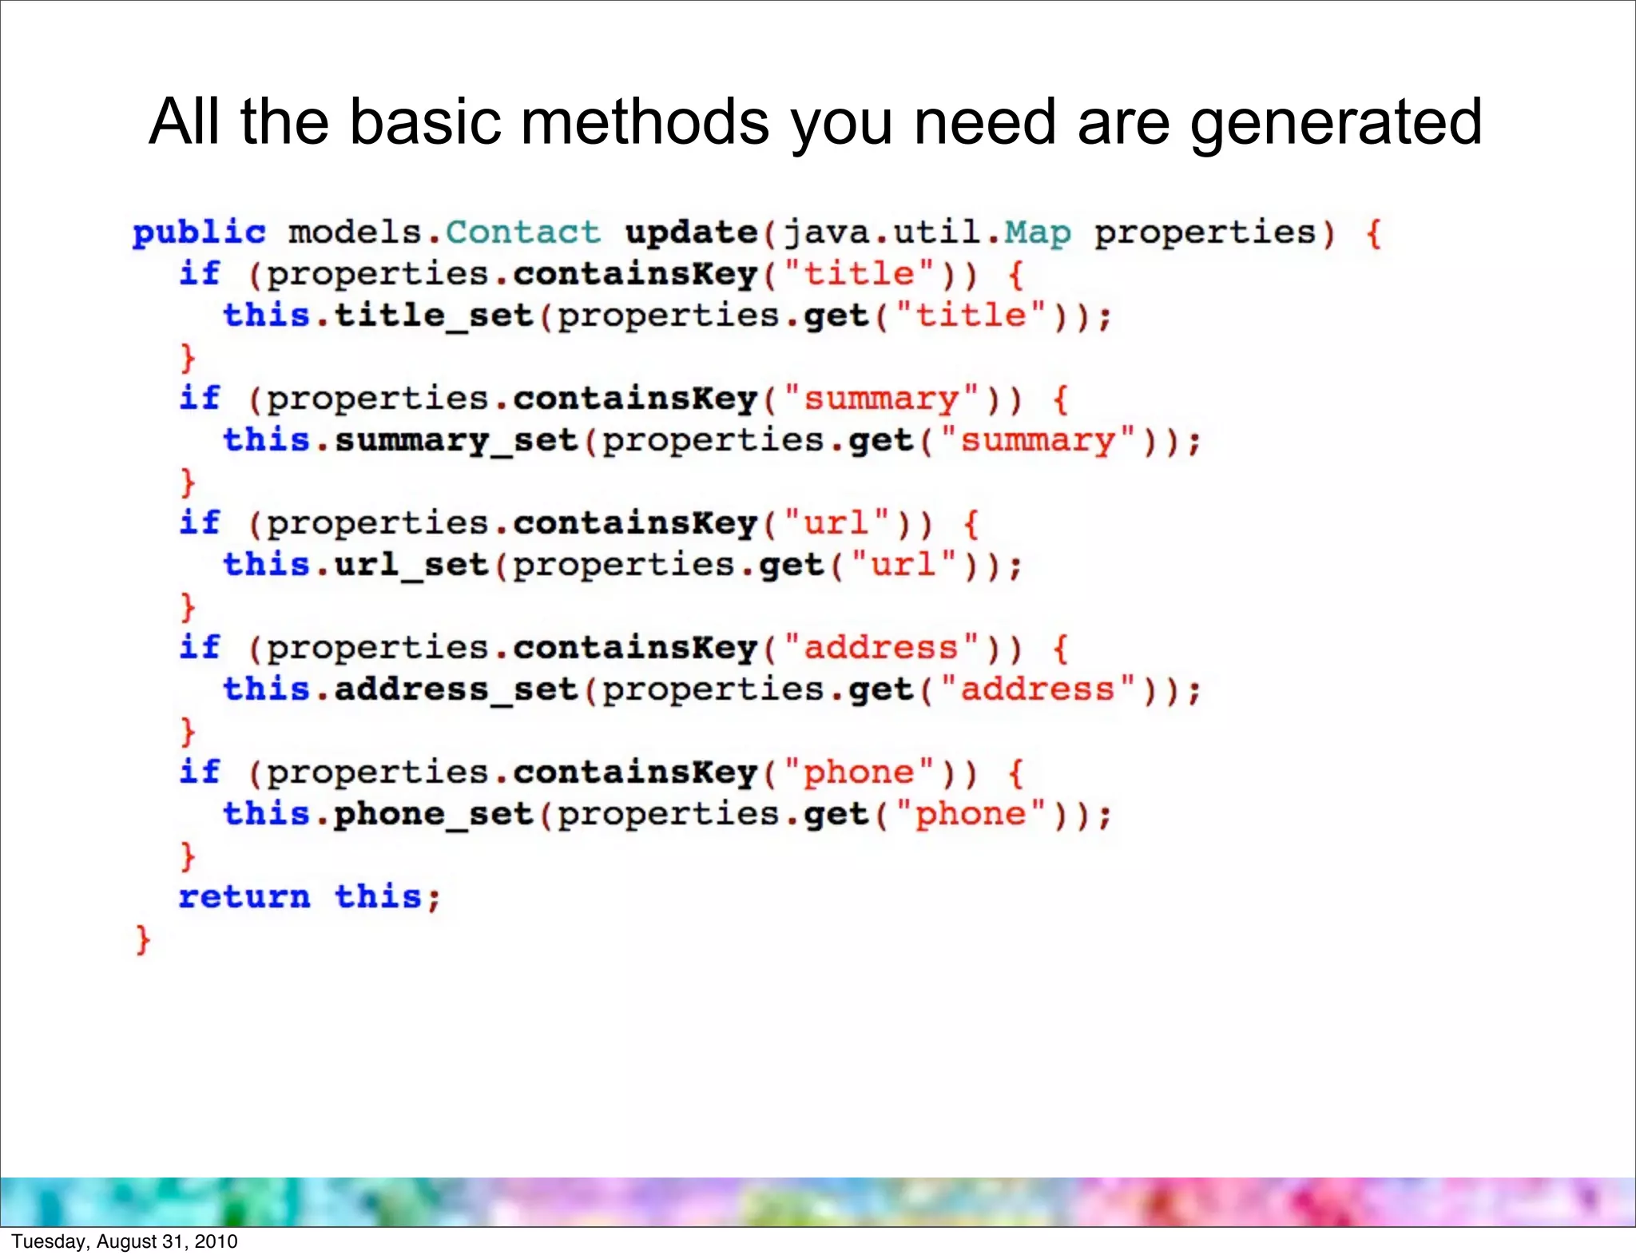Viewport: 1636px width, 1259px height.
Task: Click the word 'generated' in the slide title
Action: point(1336,121)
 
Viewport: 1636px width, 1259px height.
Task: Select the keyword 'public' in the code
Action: point(199,232)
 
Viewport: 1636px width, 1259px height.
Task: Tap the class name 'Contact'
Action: point(522,232)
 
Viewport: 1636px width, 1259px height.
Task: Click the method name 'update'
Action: point(691,232)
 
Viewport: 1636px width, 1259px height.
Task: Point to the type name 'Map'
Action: point(1037,232)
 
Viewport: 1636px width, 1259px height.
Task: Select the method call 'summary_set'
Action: point(455,441)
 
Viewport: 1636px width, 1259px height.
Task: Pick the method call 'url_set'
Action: point(411,565)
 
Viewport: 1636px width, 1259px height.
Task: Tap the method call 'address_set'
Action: point(455,689)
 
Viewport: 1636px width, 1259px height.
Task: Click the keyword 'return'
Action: point(244,896)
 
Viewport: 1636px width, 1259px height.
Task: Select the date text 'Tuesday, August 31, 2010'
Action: point(125,1241)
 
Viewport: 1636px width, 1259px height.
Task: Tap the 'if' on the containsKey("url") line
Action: point(200,522)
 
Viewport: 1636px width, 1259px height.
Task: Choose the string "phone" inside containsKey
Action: point(859,772)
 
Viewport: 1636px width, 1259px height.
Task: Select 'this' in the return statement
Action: point(378,896)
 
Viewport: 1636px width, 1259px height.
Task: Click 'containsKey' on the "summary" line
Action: point(635,399)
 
